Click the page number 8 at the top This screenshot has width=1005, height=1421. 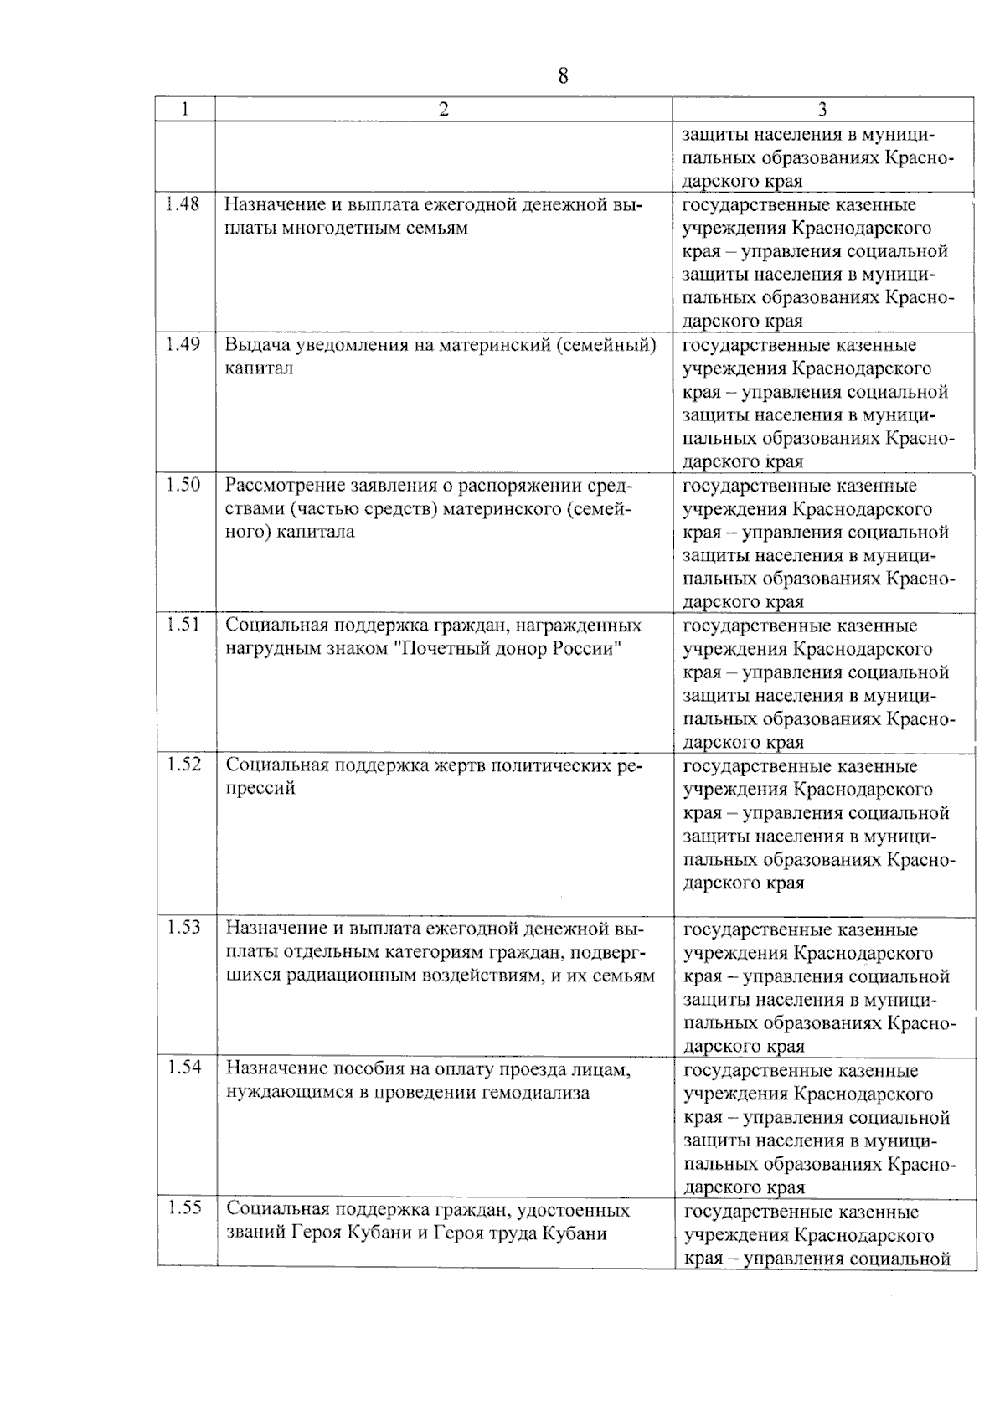tap(562, 77)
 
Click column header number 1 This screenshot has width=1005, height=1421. tap(185, 109)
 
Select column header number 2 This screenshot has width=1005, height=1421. tap(444, 109)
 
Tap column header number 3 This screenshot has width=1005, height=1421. tap(822, 110)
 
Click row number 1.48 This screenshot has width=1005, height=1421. tap(183, 203)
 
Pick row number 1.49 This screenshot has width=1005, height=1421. tap(183, 344)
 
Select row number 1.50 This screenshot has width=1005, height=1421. tap(183, 485)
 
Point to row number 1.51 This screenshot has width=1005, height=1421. tap(183, 625)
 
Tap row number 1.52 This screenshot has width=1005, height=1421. tap(183, 765)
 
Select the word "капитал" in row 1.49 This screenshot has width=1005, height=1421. tap(259, 369)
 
